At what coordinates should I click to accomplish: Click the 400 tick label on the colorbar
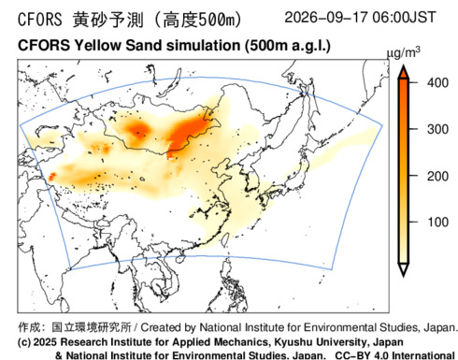click(437, 83)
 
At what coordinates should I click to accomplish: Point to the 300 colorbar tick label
click(437, 129)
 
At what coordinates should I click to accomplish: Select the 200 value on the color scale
click(437, 177)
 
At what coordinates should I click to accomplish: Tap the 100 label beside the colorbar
click(437, 223)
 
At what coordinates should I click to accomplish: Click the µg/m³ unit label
click(403, 53)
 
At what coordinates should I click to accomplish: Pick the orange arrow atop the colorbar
click(404, 72)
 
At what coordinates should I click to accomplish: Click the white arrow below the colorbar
click(404, 269)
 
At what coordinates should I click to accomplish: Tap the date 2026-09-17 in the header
click(326, 17)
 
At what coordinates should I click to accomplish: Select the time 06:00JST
click(404, 17)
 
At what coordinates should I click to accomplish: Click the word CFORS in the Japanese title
click(40, 20)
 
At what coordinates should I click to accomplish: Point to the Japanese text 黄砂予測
click(108, 20)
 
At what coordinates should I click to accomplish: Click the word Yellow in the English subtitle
click(97, 46)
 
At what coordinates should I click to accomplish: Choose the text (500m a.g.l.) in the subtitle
click(287, 46)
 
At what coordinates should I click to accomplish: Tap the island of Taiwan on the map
click(225, 238)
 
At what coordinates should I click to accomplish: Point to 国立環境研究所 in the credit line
click(92, 327)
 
